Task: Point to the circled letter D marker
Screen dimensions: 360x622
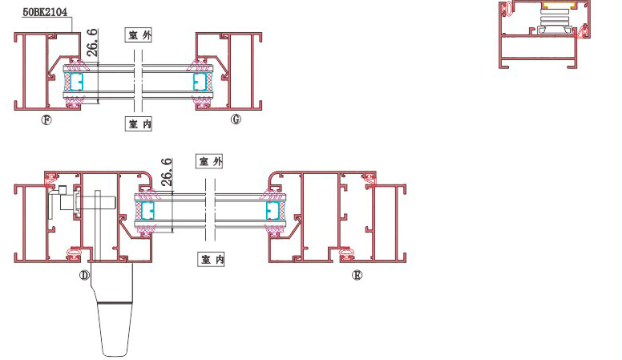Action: (83, 275)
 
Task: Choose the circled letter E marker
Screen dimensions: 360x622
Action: (357, 275)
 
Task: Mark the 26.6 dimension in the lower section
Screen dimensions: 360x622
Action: (167, 172)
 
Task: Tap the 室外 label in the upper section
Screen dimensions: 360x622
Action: (139, 35)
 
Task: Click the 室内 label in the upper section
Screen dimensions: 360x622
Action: (139, 123)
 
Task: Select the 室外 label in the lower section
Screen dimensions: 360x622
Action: (210, 162)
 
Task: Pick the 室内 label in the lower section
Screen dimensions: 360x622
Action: (210, 260)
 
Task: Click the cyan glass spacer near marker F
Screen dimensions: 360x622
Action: (77, 82)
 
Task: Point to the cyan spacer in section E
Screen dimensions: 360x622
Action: (273, 211)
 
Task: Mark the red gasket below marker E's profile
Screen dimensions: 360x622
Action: (349, 256)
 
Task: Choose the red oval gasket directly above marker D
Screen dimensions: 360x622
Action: (74, 254)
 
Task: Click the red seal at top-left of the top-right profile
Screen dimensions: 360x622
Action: (508, 9)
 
